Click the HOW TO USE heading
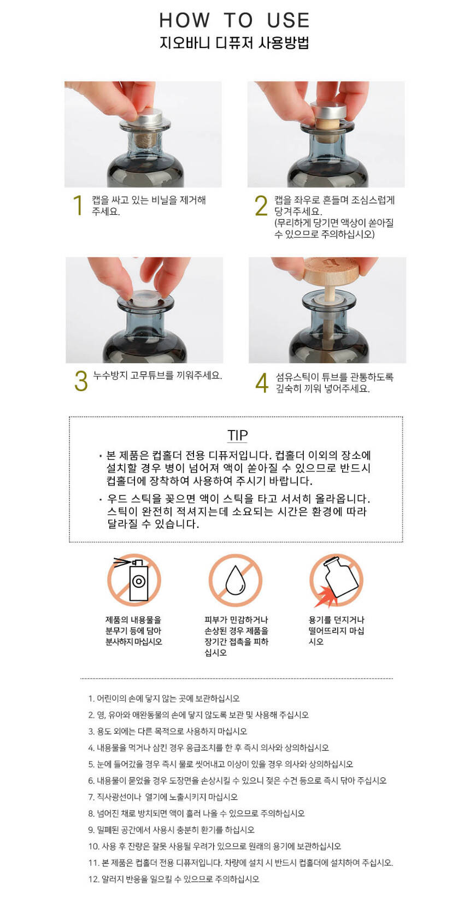[x=234, y=20]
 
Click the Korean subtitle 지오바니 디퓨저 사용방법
[x=234, y=43]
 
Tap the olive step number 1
[x=78, y=205]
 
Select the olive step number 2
[x=261, y=205]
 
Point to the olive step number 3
[x=81, y=381]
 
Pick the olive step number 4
[x=262, y=382]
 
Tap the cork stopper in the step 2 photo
[x=327, y=122]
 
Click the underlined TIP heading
[x=238, y=436]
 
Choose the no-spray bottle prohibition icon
[x=134, y=580]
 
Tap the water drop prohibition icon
[x=235, y=580]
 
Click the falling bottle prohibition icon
[x=337, y=580]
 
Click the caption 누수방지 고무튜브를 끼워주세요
[x=157, y=376]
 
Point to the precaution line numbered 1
[x=164, y=699]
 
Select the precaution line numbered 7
[x=163, y=797]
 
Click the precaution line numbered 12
[x=173, y=879]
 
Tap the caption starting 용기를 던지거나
[x=336, y=631]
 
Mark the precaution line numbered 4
[x=208, y=748]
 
